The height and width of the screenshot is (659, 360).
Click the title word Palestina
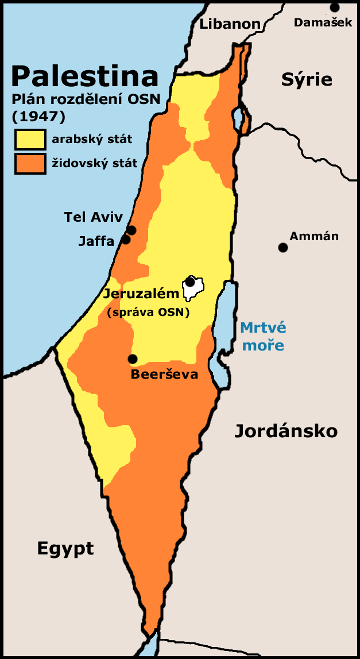pyautogui.click(x=84, y=76)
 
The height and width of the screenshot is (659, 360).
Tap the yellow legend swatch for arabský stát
pyautogui.click(x=30, y=140)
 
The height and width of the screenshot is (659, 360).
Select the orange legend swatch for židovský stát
pyautogui.click(x=30, y=163)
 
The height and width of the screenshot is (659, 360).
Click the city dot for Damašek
pyautogui.click(x=334, y=7)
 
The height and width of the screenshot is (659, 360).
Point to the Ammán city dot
pyautogui.click(x=282, y=248)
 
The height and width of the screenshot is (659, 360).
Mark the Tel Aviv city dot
pyautogui.click(x=131, y=230)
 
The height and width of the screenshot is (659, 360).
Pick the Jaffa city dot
pyautogui.click(x=126, y=240)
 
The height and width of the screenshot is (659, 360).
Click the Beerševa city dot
pyautogui.click(x=133, y=359)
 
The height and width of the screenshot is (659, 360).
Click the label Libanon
pyautogui.click(x=230, y=24)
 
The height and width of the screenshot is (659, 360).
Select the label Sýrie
pyautogui.click(x=307, y=79)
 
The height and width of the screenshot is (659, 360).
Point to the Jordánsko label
pyautogui.click(x=285, y=431)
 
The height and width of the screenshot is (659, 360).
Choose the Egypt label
pyautogui.click(x=65, y=548)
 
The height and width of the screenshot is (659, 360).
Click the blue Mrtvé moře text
pyautogui.click(x=262, y=337)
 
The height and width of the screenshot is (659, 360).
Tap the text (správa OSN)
pyautogui.click(x=148, y=313)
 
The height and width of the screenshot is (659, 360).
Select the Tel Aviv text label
pyautogui.click(x=94, y=217)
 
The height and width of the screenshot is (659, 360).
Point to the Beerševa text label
pyautogui.click(x=164, y=375)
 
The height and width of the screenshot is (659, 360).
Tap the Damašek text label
pyautogui.click(x=323, y=22)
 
